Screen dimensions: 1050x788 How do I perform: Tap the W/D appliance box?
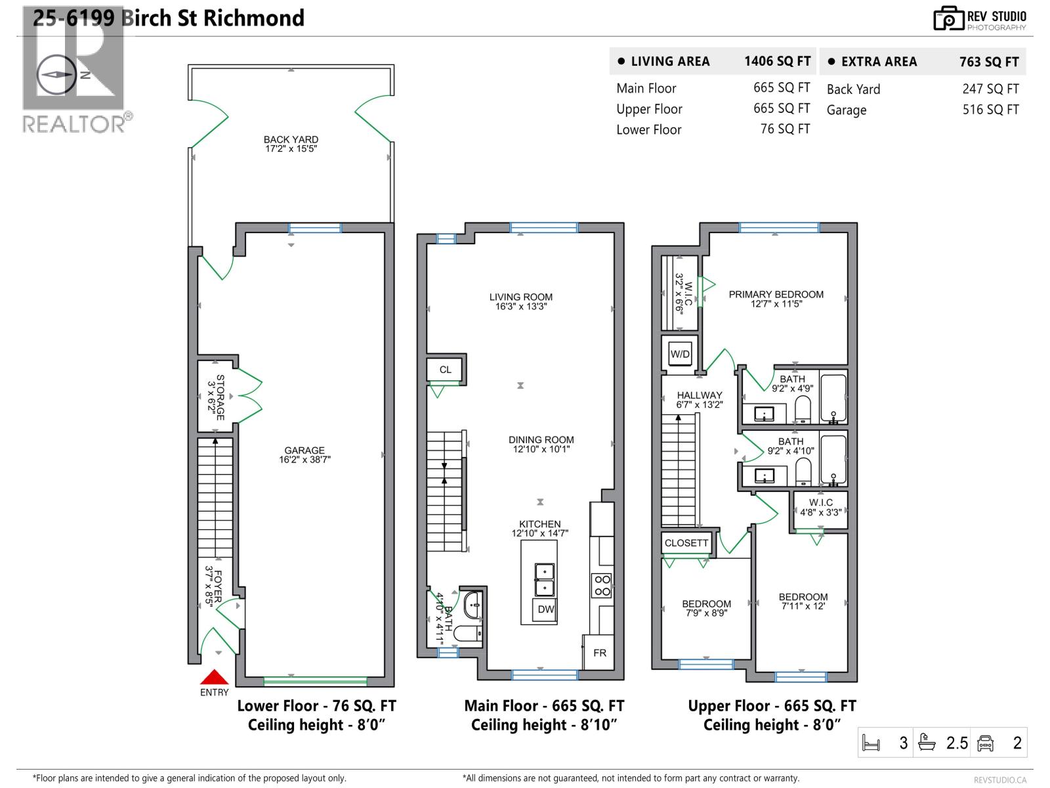[x=680, y=355]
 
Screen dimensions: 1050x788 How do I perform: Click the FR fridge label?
[x=599, y=653]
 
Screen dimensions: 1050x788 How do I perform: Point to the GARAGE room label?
[x=304, y=450]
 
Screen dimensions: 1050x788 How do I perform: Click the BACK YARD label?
[x=291, y=140]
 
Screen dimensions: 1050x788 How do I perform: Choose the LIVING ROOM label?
[x=520, y=297]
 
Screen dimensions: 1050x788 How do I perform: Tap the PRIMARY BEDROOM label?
[x=776, y=294]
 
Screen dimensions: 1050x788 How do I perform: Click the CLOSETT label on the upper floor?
[x=686, y=543]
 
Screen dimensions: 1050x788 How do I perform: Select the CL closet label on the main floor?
[x=445, y=370]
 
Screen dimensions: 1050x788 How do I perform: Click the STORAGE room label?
[x=220, y=397]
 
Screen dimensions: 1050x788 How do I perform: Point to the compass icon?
[x=56, y=75]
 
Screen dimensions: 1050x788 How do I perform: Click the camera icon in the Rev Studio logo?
[x=948, y=18]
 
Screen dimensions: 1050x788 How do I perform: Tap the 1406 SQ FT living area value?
[x=778, y=61]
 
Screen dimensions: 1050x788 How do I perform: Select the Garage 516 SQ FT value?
[x=991, y=110]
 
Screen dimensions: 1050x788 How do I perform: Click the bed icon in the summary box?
[x=871, y=743]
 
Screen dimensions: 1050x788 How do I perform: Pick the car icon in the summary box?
[x=985, y=743]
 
